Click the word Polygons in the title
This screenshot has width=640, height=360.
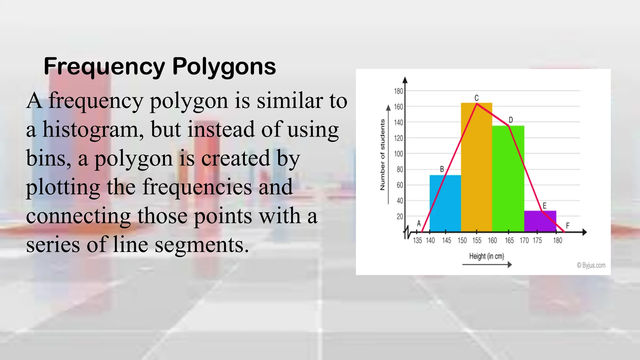coord(224,66)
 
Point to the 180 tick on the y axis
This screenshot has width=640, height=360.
coord(398,91)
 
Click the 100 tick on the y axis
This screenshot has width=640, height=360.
coord(398,154)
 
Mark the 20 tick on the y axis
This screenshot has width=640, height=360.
coord(400,216)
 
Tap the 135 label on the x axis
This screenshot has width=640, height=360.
coord(417,240)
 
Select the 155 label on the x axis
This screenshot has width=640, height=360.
coord(477,240)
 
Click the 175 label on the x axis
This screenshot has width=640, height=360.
coord(537,240)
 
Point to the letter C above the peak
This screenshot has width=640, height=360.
coord(477,98)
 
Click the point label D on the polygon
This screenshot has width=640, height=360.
coord(511,120)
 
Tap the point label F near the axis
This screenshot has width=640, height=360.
coord(567,225)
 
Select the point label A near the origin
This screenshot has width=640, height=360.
coord(419,223)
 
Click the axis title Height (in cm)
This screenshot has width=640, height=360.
coord(487,256)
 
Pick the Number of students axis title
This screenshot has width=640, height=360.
coord(382,155)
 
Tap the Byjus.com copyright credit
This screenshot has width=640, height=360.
coord(591,265)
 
